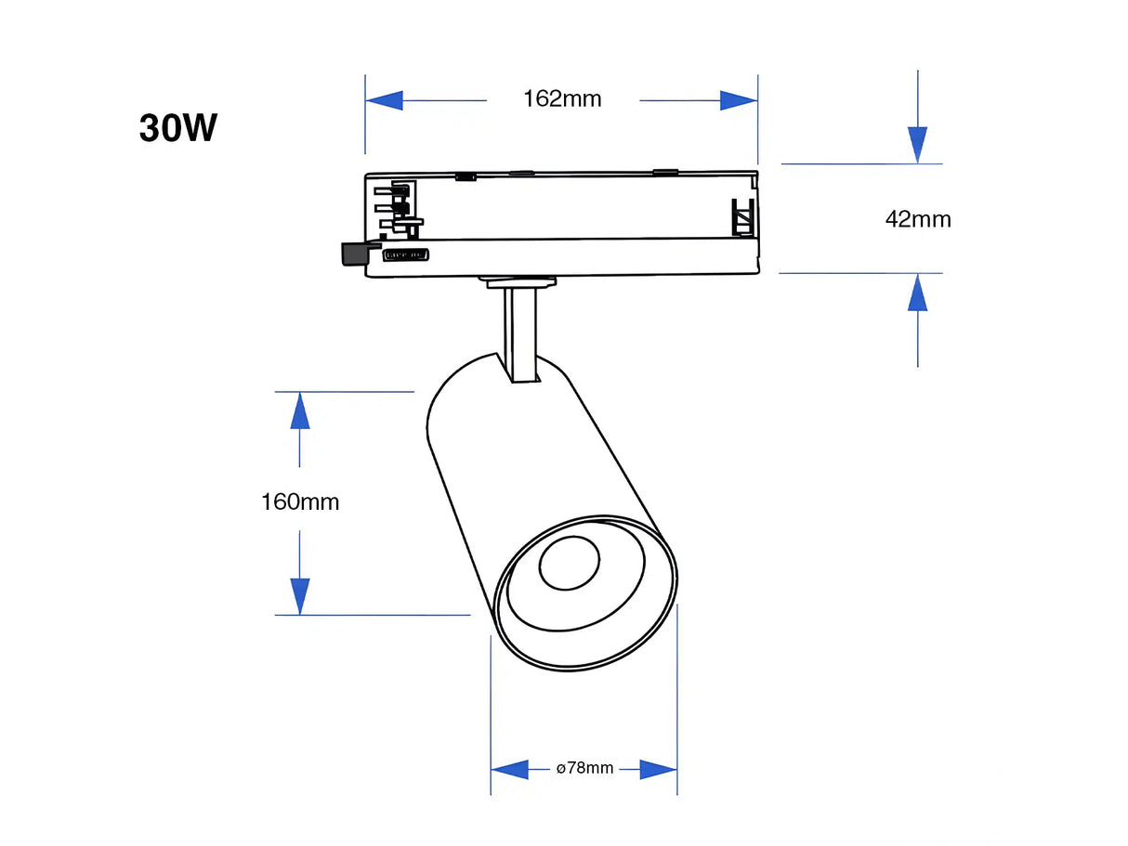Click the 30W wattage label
pos(178,128)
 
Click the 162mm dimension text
pos(562,98)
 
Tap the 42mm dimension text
pos(918,219)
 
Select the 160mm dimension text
pos(300,502)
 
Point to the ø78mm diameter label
pos(584,768)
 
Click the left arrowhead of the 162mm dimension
pos(385,100)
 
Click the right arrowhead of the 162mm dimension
pos(739,100)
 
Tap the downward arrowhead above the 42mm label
pos(918,144)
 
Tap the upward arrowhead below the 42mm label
pos(918,293)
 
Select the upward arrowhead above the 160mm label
pos(299,411)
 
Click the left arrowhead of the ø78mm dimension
pos(510,769)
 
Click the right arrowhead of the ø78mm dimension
pos(658,769)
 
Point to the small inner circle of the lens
pos(570,563)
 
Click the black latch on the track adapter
pos(354,254)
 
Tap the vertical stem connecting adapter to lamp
pos(520,334)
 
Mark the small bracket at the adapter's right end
pos(742,217)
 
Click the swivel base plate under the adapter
pos(518,280)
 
